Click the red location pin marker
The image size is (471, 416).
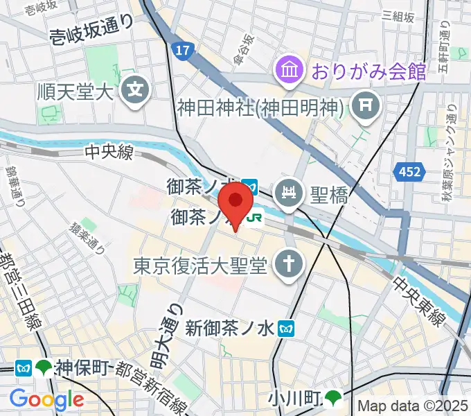[x=236, y=202]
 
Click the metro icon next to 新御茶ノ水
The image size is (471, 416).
[x=285, y=329]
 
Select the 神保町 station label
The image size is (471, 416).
[x=81, y=367]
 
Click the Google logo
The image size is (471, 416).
[x=46, y=399]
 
